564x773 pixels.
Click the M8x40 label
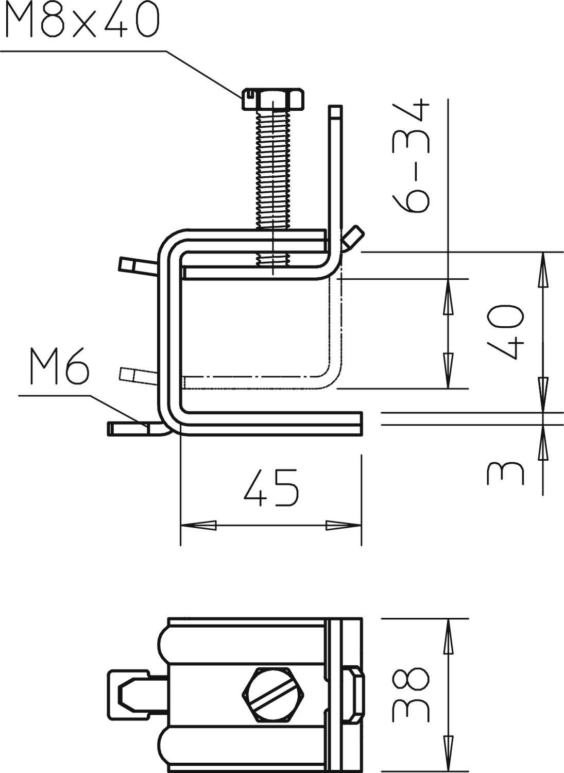pos(80,21)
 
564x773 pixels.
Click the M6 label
pos(58,367)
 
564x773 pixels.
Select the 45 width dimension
pos(270,488)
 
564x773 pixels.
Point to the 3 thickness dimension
pos(505,473)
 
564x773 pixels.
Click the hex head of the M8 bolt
pos(272,98)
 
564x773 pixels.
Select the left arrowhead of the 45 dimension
pos(198,526)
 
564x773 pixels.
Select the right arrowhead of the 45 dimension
pos(343,526)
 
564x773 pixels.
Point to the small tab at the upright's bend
pos(355,236)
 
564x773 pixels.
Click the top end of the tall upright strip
pos(335,111)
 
